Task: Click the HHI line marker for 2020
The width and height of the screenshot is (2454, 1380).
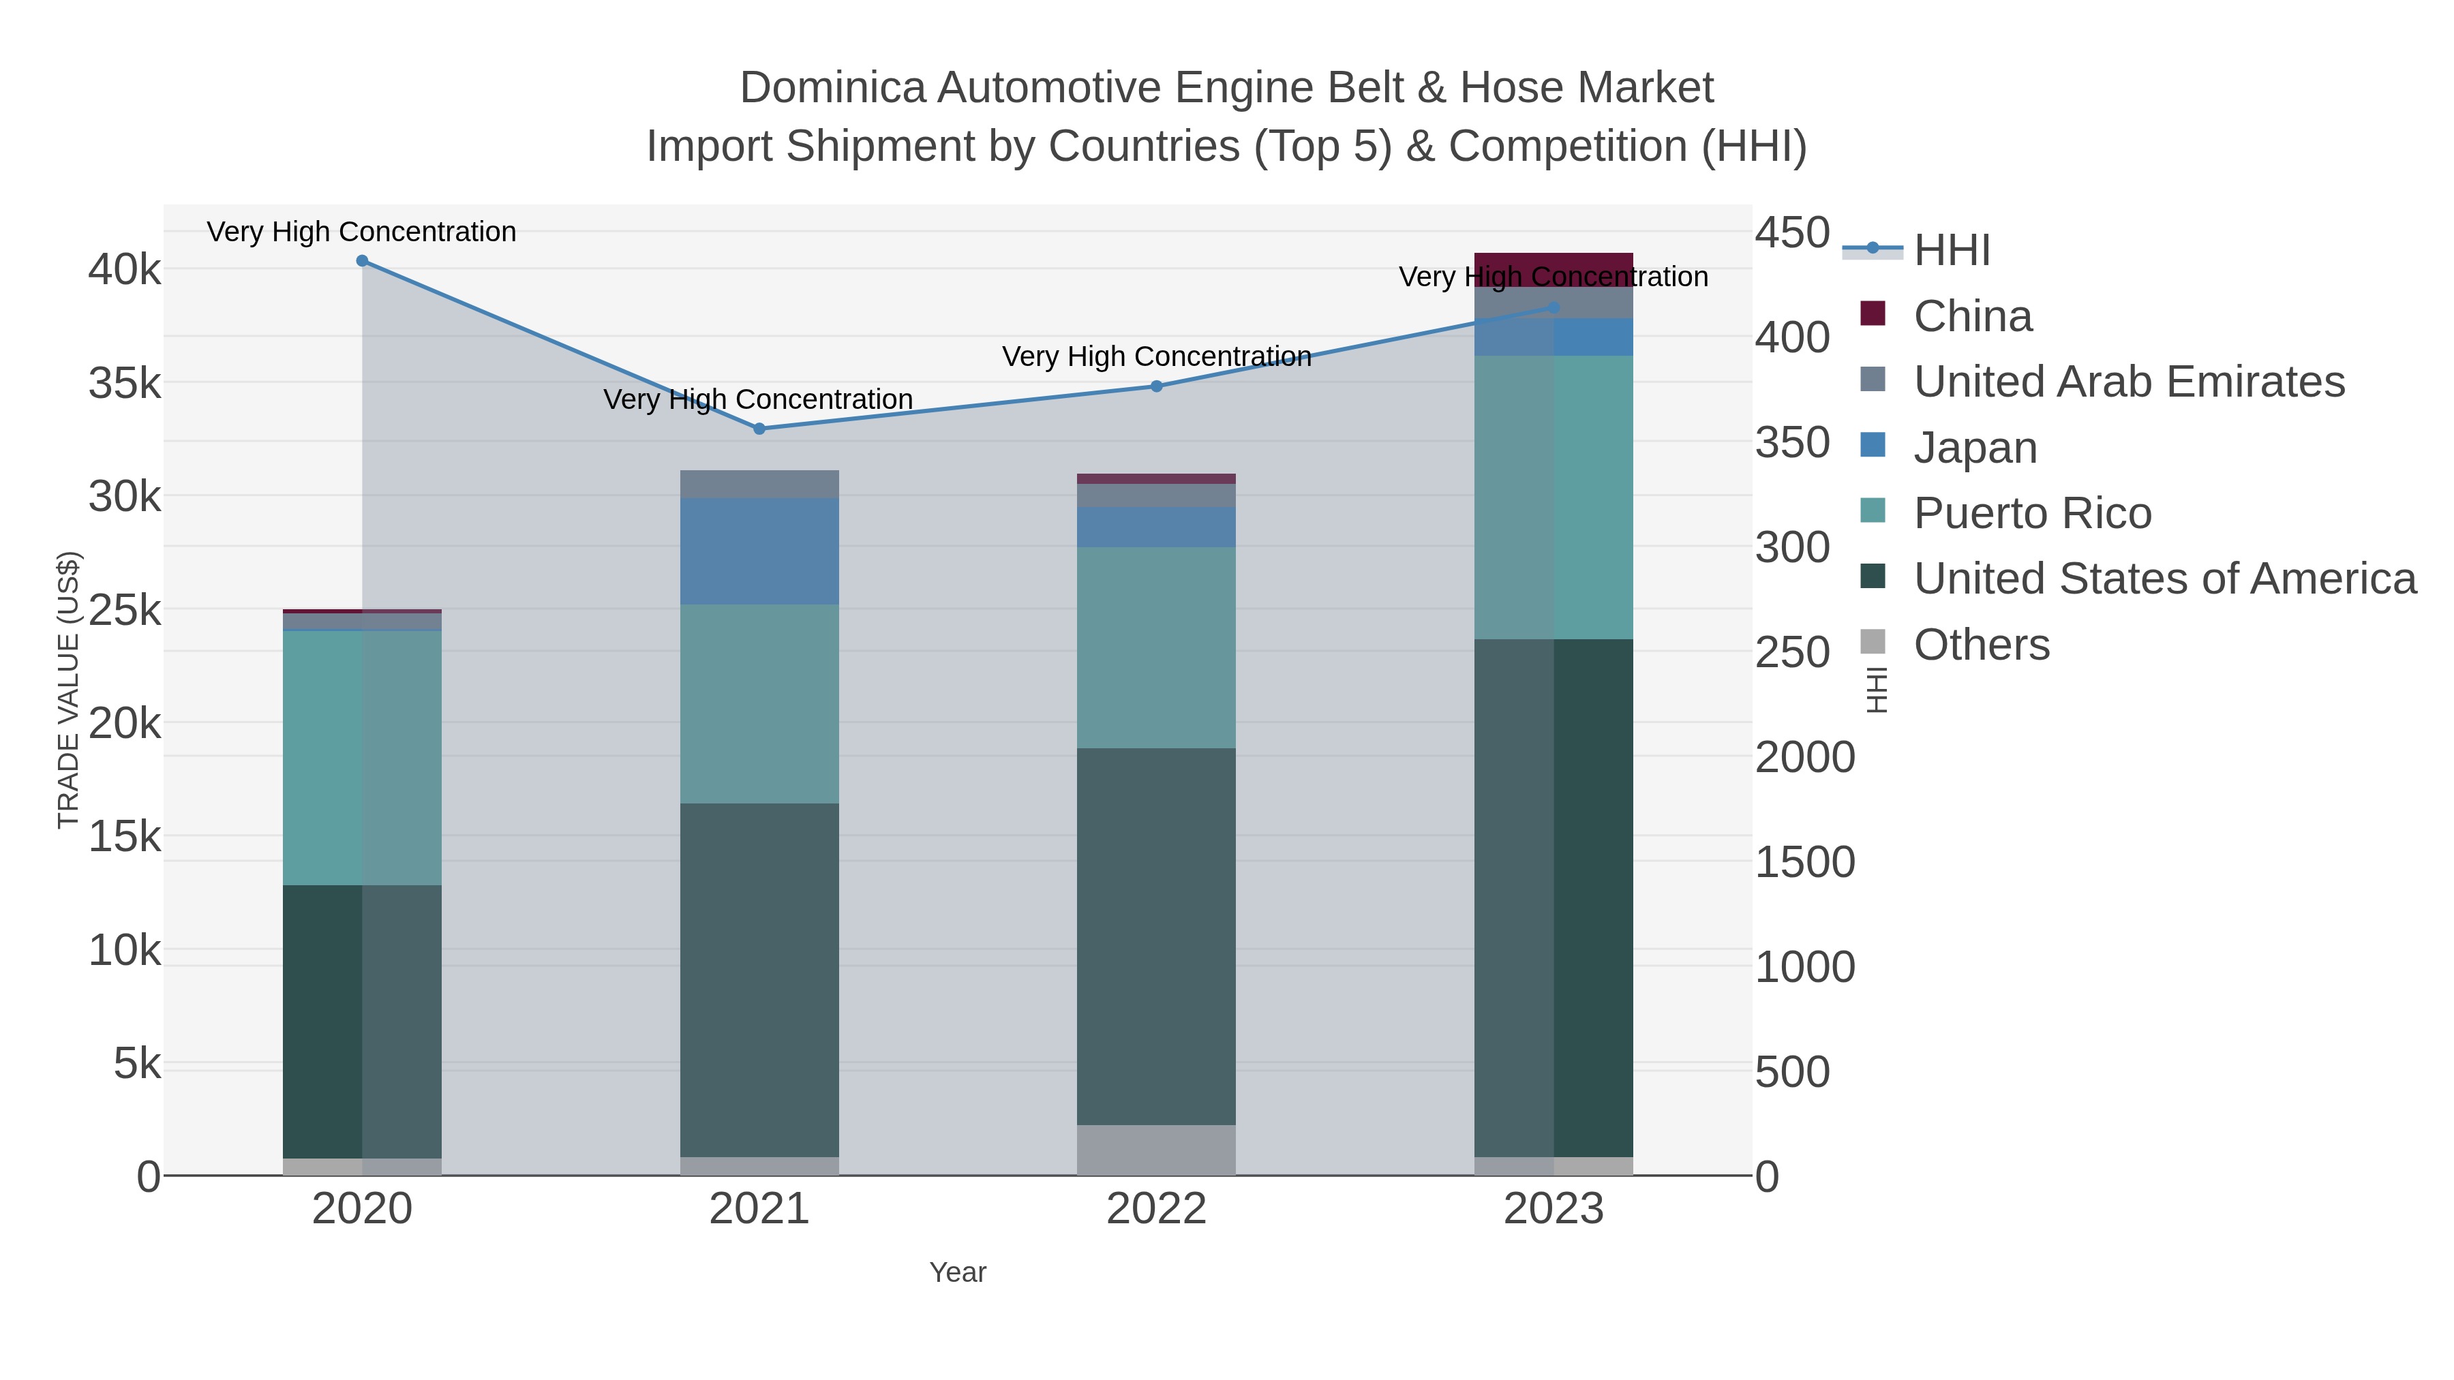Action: point(362,261)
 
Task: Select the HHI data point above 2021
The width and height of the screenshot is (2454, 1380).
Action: point(759,429)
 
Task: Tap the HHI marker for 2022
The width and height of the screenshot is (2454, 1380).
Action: point(1157,386)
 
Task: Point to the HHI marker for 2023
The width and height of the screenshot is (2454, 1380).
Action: point(1554,307)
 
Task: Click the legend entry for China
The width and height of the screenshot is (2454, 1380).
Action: point(1972,316)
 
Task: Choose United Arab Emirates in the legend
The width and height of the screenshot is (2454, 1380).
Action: point(2128,382)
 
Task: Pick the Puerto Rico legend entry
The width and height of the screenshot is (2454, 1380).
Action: point(2032,513)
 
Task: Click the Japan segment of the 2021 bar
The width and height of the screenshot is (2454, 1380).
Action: point(759,551)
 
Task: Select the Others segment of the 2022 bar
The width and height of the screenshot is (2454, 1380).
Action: point(1157,1150)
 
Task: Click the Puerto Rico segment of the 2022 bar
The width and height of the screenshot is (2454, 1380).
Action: point(1157,647)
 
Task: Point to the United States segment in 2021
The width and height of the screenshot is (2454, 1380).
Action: point(759,981)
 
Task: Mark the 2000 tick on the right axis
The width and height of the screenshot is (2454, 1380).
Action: point(1804,758)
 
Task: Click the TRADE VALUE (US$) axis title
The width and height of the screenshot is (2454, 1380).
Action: point(69,690)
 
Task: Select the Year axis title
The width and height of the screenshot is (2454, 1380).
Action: point(958,1272)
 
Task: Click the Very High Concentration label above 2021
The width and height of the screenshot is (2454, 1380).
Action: point(757,399)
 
